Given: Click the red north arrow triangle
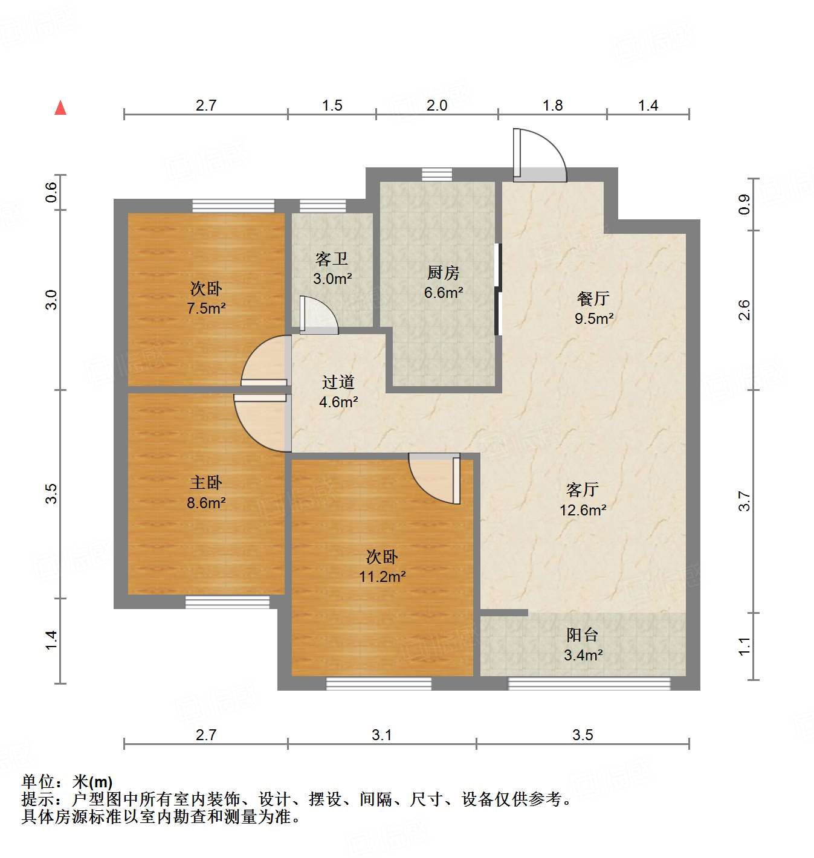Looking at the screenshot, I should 60,108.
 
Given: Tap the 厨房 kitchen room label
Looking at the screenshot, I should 443,273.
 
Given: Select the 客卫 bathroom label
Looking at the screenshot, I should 331,259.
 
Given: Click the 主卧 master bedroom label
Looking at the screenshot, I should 206,483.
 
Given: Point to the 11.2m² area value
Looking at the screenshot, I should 382,576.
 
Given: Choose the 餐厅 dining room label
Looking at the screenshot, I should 593,298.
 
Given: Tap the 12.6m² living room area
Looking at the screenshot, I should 583,510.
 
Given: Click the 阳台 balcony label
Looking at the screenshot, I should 583,635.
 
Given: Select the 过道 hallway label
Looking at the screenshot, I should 338,382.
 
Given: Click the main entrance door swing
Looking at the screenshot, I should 539,156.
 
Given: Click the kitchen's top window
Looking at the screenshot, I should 436,174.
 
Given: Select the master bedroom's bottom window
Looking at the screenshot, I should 227,602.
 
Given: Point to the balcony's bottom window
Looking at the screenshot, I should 589,683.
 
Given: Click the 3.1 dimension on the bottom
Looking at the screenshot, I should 381,735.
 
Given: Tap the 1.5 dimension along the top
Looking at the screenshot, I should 332,106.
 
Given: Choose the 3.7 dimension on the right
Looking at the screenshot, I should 744,502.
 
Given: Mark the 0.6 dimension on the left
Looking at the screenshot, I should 52,192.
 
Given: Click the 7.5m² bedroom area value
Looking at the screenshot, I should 206,308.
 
